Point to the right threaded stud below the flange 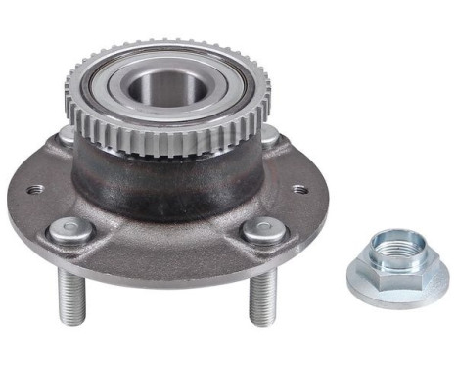pyautogui.click(x=261, y=299)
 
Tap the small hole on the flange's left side pyautogui.click(x=36, y=189)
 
